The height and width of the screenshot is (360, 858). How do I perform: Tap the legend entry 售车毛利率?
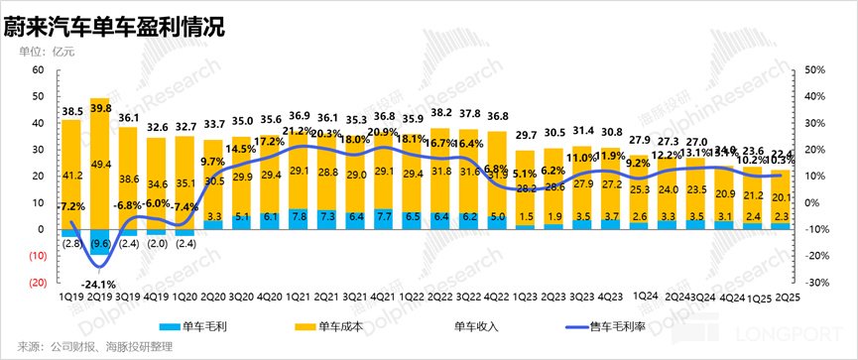tap(608, 326)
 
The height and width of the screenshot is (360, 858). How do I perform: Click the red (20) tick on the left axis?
tap(37, 283)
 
